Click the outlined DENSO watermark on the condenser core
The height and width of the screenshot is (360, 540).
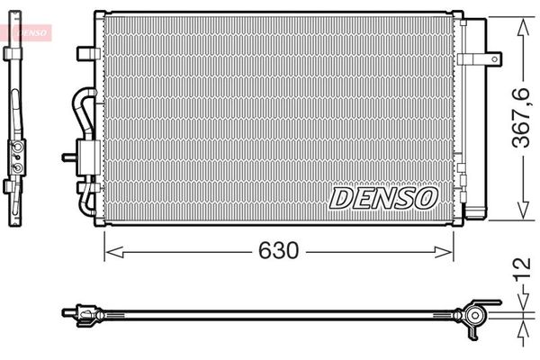tap(384, 196)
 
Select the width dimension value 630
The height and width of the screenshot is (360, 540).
tap(280, 250)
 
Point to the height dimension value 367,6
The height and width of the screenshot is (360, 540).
tap(518, 118)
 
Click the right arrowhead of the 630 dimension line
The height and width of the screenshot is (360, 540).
tap(449, 251)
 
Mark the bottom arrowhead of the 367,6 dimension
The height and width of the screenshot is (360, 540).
tap(519, 211)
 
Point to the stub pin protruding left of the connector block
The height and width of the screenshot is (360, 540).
tap(67, 157)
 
